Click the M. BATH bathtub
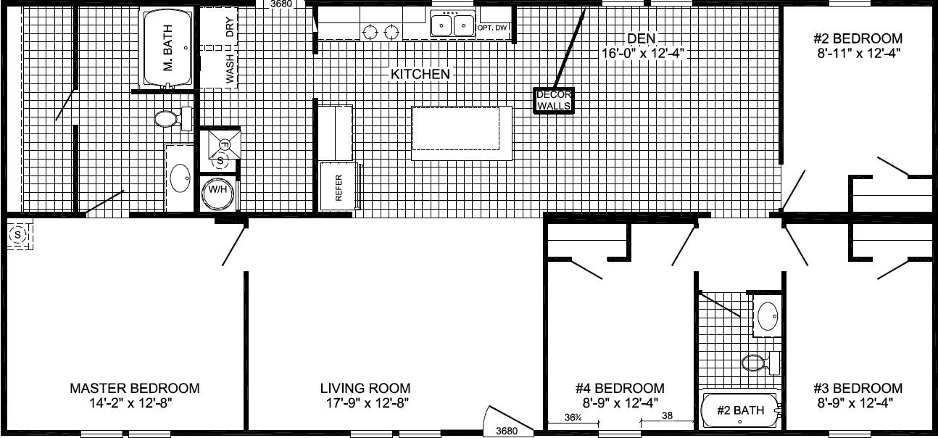(x=167, y=48)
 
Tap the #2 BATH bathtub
(x=740, y=410)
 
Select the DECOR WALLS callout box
(x=555, y=100)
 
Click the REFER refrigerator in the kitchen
(x=339, y=187)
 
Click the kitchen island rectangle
(x=462, y=133)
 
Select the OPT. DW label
(x=494, y=28)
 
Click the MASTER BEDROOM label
(x=134, y=389)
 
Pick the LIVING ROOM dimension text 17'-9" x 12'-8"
(x=365, y=403)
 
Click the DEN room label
(x=643, y=38)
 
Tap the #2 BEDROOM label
(x=858, y=38)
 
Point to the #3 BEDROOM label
(x=858, y=389)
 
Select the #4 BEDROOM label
(x=619, y=389)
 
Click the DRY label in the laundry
(x=231, y=28)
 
